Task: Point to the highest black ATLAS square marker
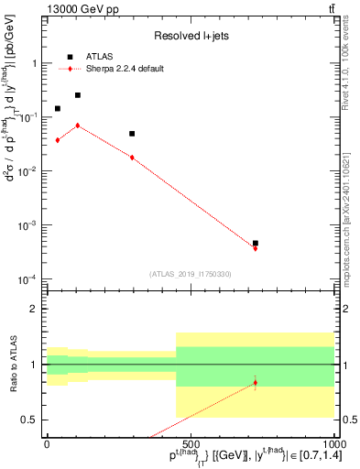point(78,94)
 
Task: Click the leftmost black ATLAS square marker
point(58,108)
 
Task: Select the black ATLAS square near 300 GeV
point(132,134)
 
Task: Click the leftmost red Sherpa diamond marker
point(58,140)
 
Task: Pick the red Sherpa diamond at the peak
point(78,125)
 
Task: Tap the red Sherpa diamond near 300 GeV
point(132,158)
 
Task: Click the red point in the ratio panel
point(255,382)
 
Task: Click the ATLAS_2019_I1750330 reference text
point(191,274)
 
